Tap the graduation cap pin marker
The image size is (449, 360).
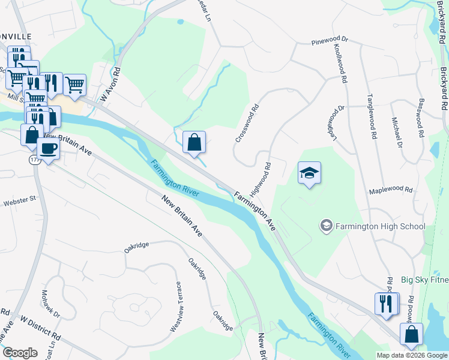click(x=309, y=173)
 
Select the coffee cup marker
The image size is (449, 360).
click(x=48, y=149)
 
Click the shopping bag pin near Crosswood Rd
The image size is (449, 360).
click(x=194, y=143)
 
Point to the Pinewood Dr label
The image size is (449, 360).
click(x=330, y=42)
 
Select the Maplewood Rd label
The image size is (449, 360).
click(x=391, y=190)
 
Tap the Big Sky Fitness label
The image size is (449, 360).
click(x=421, y=280)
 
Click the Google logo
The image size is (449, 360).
click(x=20, y=352)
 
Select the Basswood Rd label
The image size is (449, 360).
click(x=421, y=117)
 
